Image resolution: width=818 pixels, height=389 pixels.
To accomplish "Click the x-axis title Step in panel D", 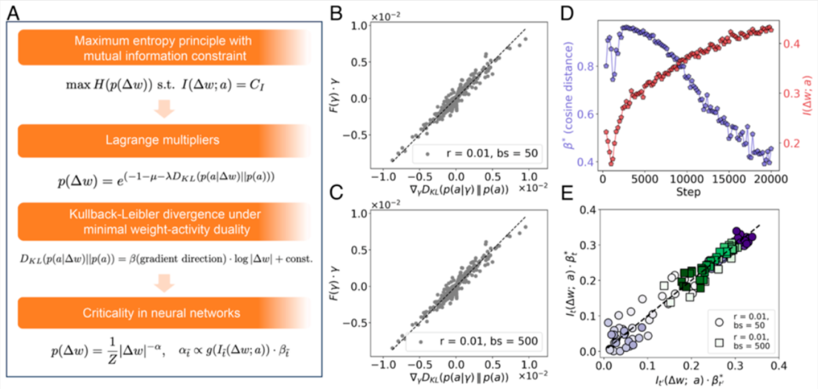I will (x=686, y=192).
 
